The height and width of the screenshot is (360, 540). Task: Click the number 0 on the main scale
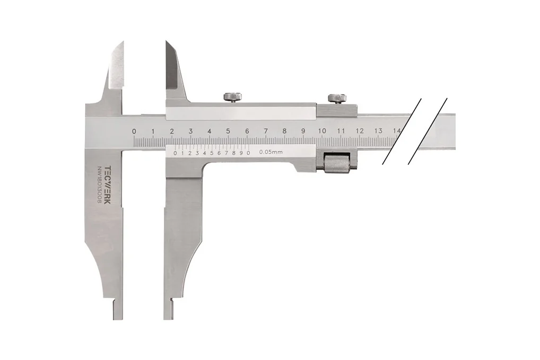pos(134,131)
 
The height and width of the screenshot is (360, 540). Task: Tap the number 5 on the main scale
pos(228,131)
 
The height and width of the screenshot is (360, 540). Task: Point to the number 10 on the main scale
pos(322,131)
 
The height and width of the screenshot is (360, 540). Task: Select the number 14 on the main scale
pos(397,131)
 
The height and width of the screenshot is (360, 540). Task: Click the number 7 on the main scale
pos(266,131)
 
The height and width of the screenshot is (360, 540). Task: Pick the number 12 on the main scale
pos(360,131)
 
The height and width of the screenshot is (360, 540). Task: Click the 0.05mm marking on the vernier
pos(271,152)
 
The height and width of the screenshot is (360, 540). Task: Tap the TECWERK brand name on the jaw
pos(108,185)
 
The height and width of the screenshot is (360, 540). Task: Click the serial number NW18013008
pos(100,186)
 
